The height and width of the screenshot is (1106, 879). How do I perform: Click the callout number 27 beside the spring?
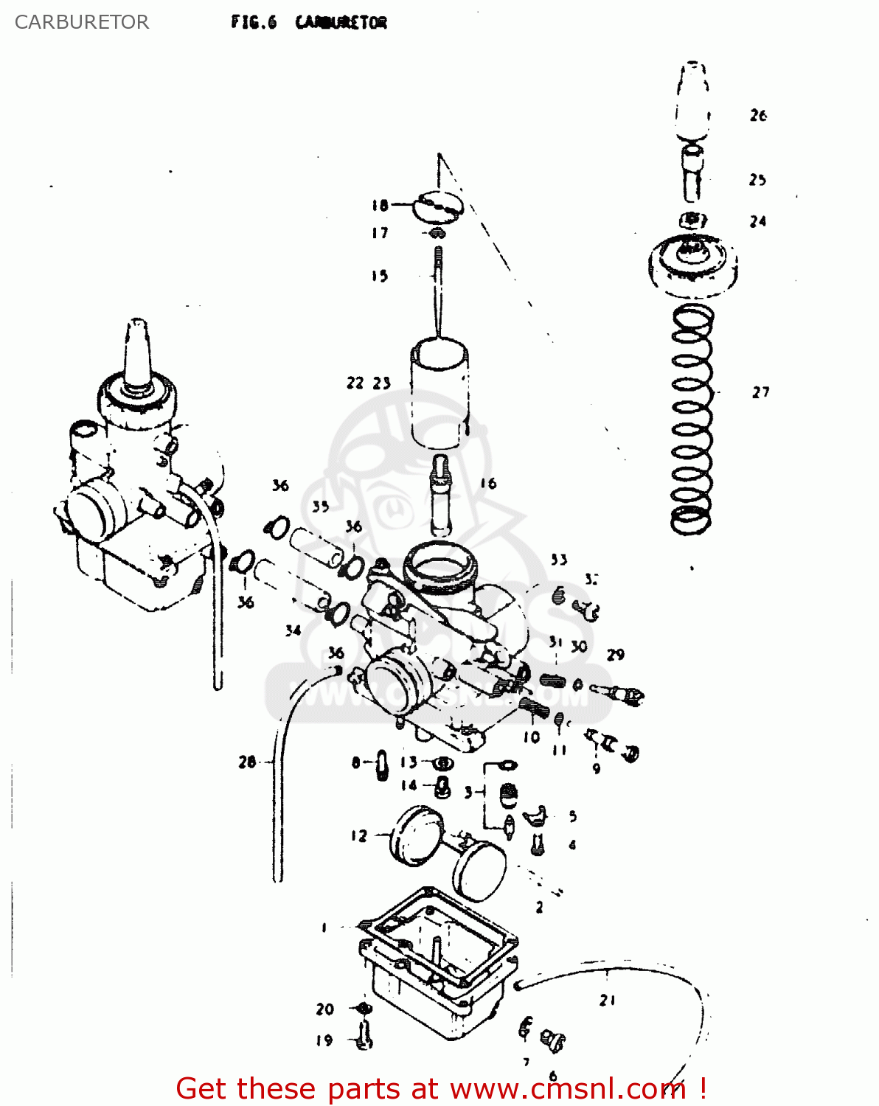click(760, 392)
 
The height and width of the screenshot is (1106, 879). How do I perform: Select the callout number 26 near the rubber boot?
click(758, 115)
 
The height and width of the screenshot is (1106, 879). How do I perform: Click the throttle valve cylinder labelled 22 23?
click(440, 394)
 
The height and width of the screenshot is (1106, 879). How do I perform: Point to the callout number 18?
click(380, 205)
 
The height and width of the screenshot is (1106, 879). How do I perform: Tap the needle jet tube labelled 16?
click(441, 494)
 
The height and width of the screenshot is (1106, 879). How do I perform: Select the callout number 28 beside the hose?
click(247, 762)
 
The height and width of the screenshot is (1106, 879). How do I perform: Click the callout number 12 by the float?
click(358, 835)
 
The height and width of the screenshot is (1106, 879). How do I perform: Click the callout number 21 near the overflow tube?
click(607, 1001)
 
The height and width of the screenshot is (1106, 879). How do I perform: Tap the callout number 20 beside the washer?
click(324, 1009)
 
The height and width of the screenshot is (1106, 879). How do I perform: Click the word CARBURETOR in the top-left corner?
click(81, 22)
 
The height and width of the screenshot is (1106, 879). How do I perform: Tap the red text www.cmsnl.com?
click(567, 1088)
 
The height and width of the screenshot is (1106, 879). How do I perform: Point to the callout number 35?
click(320, 507)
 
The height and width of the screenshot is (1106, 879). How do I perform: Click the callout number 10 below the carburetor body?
click(532, 737)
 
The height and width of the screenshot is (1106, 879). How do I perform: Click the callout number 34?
click(293, 630)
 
